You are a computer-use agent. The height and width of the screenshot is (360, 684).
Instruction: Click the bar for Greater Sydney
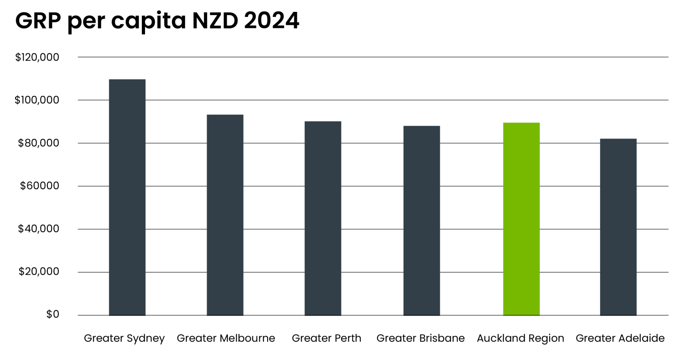coord(127,197)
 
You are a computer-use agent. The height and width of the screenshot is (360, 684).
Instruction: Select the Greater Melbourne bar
coord(225,215)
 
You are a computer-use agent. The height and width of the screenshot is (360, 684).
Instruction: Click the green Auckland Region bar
coord(521,219)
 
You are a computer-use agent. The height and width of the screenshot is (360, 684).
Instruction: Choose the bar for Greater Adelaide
coord(618,226)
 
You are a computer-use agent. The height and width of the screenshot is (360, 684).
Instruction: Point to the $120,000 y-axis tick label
coord(37,57)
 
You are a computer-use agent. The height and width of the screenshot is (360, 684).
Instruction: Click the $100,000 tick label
coord(37,100)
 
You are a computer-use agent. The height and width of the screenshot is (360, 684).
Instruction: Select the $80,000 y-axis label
coord(38,143)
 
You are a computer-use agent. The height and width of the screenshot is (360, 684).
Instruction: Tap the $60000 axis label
coord(40,186)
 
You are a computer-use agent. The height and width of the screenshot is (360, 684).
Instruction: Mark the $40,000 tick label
coord(38,229)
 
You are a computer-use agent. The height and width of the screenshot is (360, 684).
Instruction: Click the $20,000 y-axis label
coord(39,272)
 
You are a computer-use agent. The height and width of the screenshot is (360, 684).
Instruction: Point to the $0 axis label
coord(52,314)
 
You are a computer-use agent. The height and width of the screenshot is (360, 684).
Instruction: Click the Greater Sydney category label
coord(124,339)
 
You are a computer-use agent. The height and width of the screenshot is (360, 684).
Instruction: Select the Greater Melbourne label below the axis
coord(226,339)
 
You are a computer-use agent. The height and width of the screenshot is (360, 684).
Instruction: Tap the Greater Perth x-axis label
coord(326,339)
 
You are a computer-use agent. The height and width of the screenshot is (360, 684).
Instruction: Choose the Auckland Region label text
coord(520,339)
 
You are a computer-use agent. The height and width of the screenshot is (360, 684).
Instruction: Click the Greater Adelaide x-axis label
coord(620,339)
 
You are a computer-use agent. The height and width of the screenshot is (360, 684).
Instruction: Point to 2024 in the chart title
coord(271,21)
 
